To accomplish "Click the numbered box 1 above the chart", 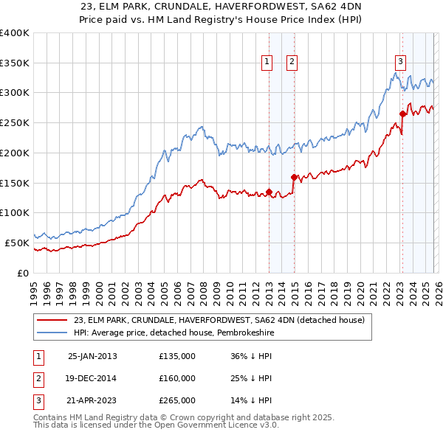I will (266, 63).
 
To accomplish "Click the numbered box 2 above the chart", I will (292, 63).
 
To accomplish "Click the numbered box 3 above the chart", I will (400, 63).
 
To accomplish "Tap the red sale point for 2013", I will (269, 192).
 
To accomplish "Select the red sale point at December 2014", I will (294, 177).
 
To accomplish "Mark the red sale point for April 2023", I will (402, 114).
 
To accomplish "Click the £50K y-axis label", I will (16, 243).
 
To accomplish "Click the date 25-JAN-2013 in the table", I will (92, 355).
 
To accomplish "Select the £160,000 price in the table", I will (177, 378).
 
